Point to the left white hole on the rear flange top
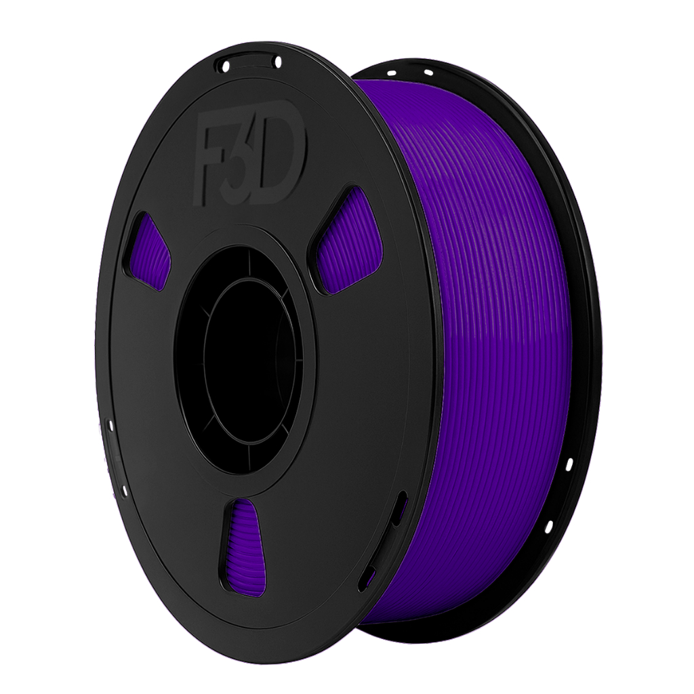(391, 73)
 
